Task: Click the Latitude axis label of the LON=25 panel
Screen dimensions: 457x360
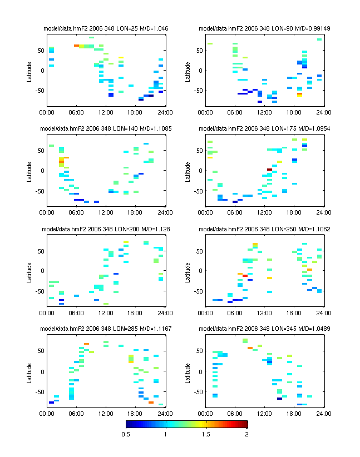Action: (29, 71)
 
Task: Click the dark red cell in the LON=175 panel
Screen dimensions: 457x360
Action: (269, 169)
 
